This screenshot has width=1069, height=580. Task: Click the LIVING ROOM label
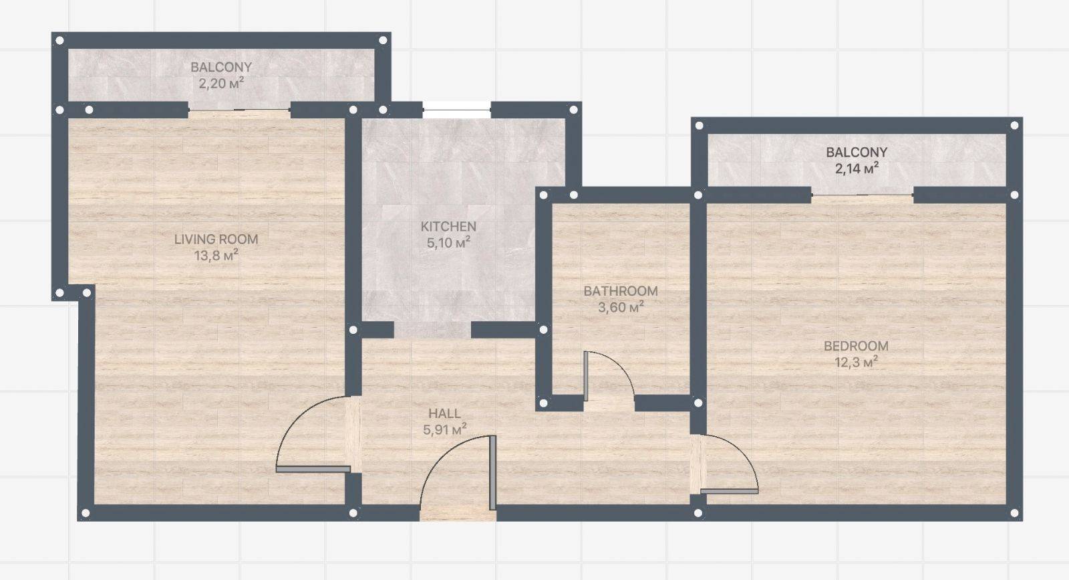click(x=216, y=239)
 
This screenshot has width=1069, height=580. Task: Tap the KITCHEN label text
click(x=448, y=227)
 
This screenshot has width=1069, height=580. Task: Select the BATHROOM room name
click(x=621, y=291)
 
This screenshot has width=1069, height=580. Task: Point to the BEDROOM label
click(x=856, y=346)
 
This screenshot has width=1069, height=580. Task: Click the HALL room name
click(x=444, y=413)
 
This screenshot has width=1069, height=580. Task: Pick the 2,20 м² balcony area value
click(x=221, y=84)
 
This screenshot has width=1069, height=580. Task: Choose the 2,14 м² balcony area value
click(x=857, y=168)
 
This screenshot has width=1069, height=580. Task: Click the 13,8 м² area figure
click(x=216, y=256)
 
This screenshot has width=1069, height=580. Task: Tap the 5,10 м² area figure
click(x=448, y=243)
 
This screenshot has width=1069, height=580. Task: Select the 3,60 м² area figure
click(x=621, y=307)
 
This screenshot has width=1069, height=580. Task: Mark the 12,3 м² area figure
click(x=856, y=362)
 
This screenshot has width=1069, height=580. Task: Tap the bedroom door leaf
click(x=729, y=491)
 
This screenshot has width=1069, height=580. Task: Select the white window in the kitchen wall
click(x=457, y=110)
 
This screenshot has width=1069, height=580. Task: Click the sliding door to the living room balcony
click(x=239, y=111)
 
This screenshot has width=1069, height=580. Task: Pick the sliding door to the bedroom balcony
click(x=863, y=195)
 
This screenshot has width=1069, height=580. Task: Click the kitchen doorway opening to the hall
click(x=432, y=330)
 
